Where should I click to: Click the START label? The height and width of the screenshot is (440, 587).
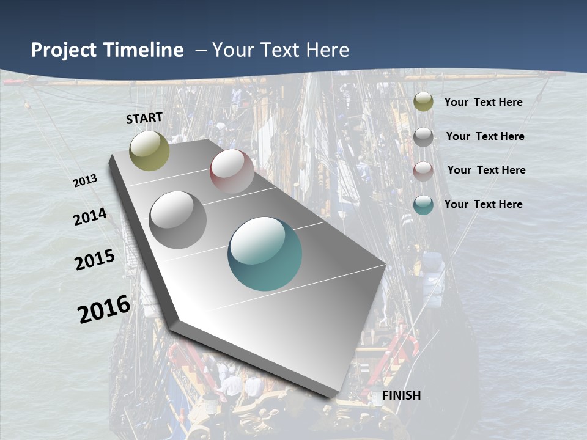pos(144,117)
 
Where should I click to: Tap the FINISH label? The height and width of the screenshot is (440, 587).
pos(401,395)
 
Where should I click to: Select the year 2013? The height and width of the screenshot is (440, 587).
pos(86,181)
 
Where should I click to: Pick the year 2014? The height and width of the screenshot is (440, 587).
pos(90,217)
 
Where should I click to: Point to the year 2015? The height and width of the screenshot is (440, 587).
pos(95,260)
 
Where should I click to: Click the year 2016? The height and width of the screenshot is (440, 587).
pos(104,309)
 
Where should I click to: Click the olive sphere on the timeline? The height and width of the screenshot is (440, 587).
pos(149,150)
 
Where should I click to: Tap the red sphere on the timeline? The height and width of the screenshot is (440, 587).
pos(232,171)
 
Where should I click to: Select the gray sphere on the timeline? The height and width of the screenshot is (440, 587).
pos(178,220)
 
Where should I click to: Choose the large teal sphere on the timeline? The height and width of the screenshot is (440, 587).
pos(265,254)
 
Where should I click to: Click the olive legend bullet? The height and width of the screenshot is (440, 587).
pos(423,102)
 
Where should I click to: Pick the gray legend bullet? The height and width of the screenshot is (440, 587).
pos(423,137)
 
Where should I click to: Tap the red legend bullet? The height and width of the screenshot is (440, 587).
pos(423,171)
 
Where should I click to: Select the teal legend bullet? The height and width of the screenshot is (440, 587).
pos(423,205)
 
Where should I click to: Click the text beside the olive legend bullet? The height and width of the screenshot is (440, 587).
pos(483,102)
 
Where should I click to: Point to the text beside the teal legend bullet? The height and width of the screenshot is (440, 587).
pos(483,204)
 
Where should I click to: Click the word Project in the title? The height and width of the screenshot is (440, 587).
pos(64,50)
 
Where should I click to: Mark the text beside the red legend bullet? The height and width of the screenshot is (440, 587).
pos(486,170)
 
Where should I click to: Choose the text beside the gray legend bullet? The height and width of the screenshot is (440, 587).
pos(485,136)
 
